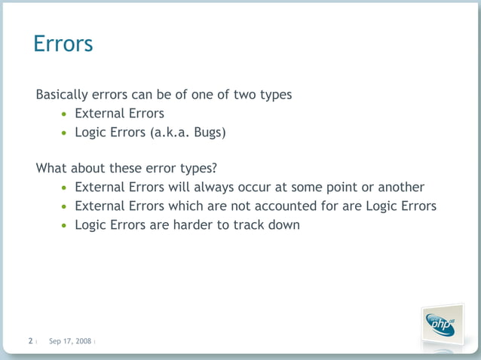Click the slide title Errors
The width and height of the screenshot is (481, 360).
point(63,44)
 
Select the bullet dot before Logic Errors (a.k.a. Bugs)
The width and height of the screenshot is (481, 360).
point(65,133)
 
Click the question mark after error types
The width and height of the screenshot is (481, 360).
point(214,168)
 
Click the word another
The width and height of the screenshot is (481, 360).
point(400,188)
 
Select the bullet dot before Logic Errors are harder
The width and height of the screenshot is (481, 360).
point(65,225)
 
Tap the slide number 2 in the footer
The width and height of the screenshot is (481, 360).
point(30,341)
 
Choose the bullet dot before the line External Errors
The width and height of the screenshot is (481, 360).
point(65,114)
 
